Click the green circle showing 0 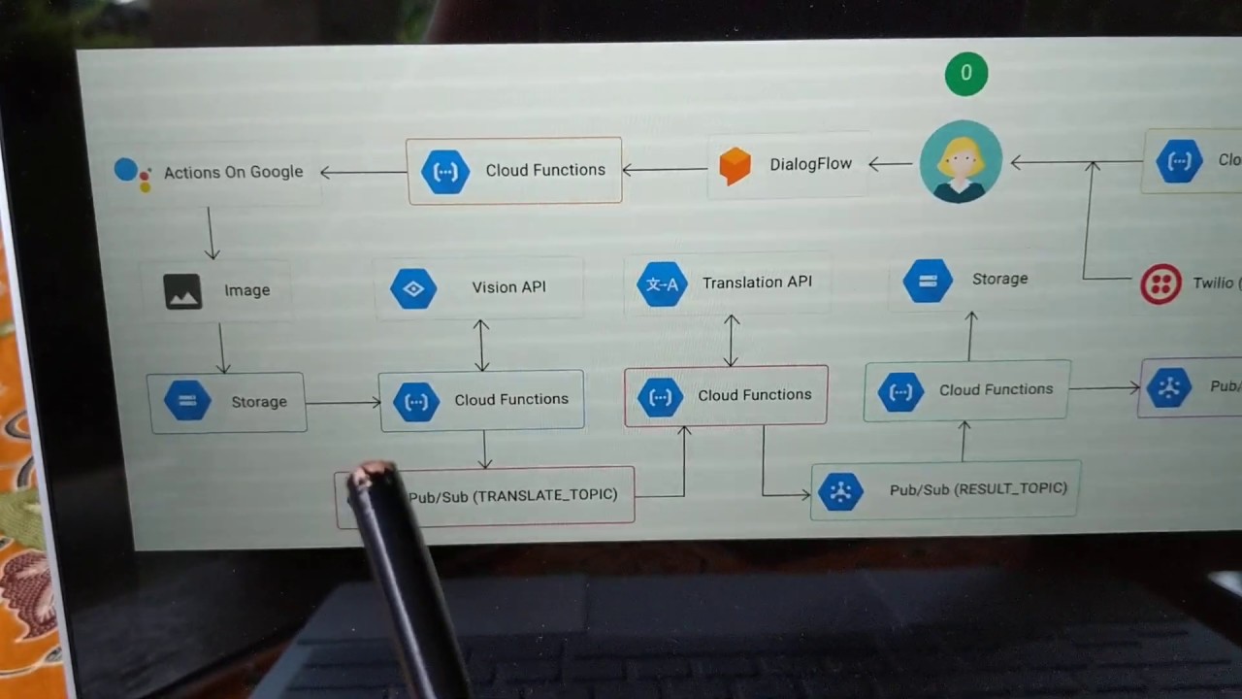coord(965,74)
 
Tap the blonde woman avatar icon coord(961,161)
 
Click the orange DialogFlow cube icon coord(735,166)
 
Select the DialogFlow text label coord(810,164)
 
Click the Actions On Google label coord(233,172)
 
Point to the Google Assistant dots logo coord(132,173)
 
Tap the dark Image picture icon coord(182,291)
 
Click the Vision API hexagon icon coord(413,289)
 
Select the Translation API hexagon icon coord(662,284)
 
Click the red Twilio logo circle coord(1160,283)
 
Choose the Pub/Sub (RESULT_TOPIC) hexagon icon coord(840,492)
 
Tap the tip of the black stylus coord(369,476)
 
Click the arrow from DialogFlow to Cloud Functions coord(665,170)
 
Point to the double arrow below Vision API coord(481,345)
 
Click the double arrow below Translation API coord(732,340)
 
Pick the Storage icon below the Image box coord(187,401)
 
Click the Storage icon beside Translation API coord(928,282)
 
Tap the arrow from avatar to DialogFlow coord(889,164)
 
